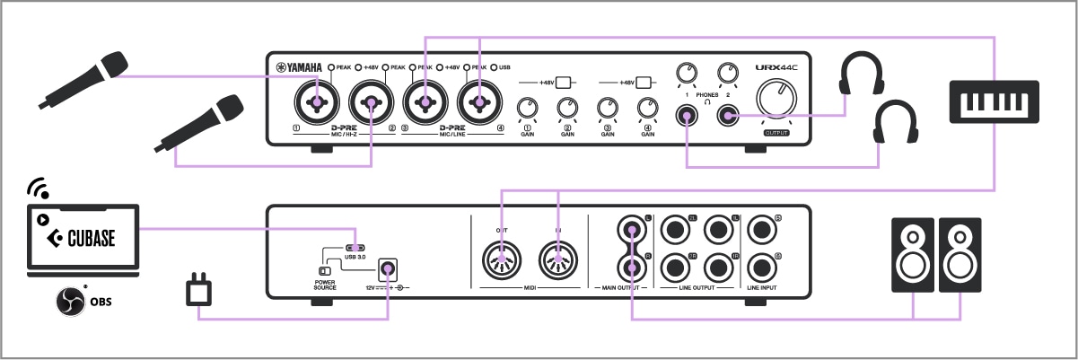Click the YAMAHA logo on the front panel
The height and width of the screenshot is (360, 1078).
tap(300, 66)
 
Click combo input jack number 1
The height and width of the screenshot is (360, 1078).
tap(315, 103)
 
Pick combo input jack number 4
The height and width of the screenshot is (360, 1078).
tap(478, 103)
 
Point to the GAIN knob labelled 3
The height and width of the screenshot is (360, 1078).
tap(608, 109)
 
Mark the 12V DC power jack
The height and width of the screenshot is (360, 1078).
tap(389, 268)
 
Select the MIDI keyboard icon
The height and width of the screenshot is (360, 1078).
tap(995, 100)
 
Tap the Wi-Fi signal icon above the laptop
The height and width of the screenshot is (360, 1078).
tap(38, 189)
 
